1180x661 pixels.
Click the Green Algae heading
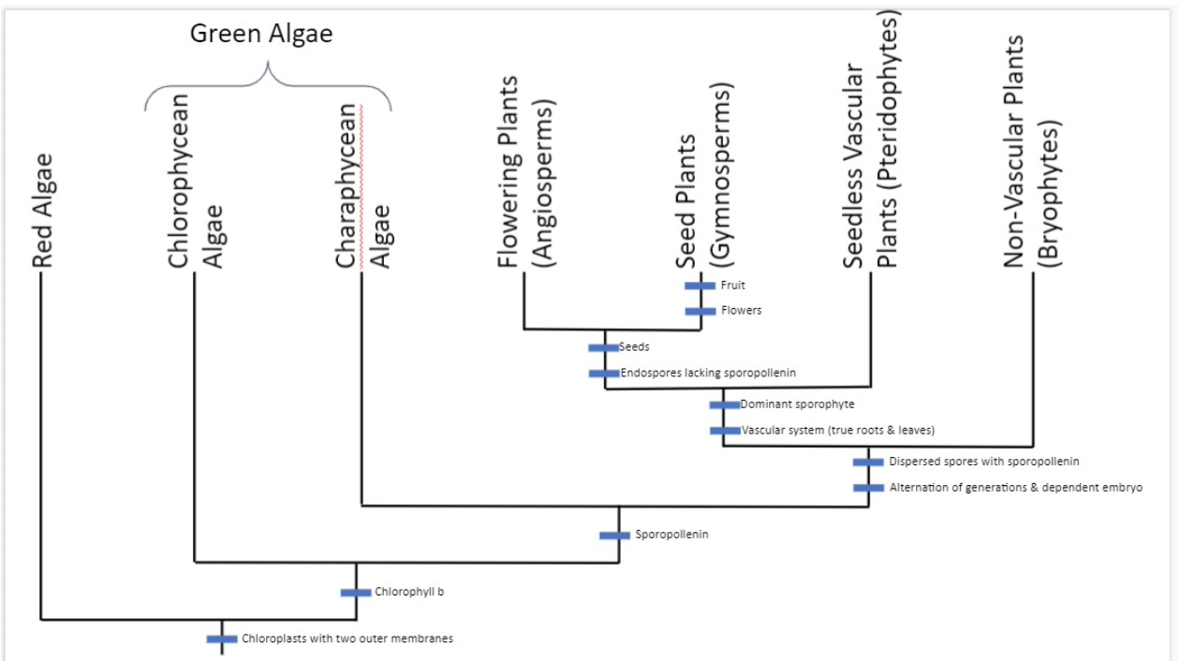pyautogui.click(x=261, y=35)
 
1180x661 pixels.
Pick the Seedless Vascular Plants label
pyautogui.click(x=871, y=140)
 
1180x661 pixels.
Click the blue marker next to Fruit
pyautogui.click(x=700, y=286)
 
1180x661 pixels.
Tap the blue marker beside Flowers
pyautogui.click(x=700, y=311)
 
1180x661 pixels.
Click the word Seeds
pyautogui.click(x=634, y=347)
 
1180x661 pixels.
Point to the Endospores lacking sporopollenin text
pyautogui.click(x=708, y=373)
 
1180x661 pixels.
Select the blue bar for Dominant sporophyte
pyautogui.click(x=724, y=404)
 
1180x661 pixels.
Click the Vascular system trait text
pyautogui.click(x=838, y=431)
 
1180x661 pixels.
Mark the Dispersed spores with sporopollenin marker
pyautogui.click(x=868, y=462)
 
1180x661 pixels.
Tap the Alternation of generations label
pyautogui.click(x=1015, y=488)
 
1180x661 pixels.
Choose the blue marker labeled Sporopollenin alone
pyautogui.click(x=614, y=536)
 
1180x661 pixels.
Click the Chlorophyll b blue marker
pyautogui.click(x=356, y=592)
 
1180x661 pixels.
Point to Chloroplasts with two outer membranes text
pyautogui.click(x=347, y=639)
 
